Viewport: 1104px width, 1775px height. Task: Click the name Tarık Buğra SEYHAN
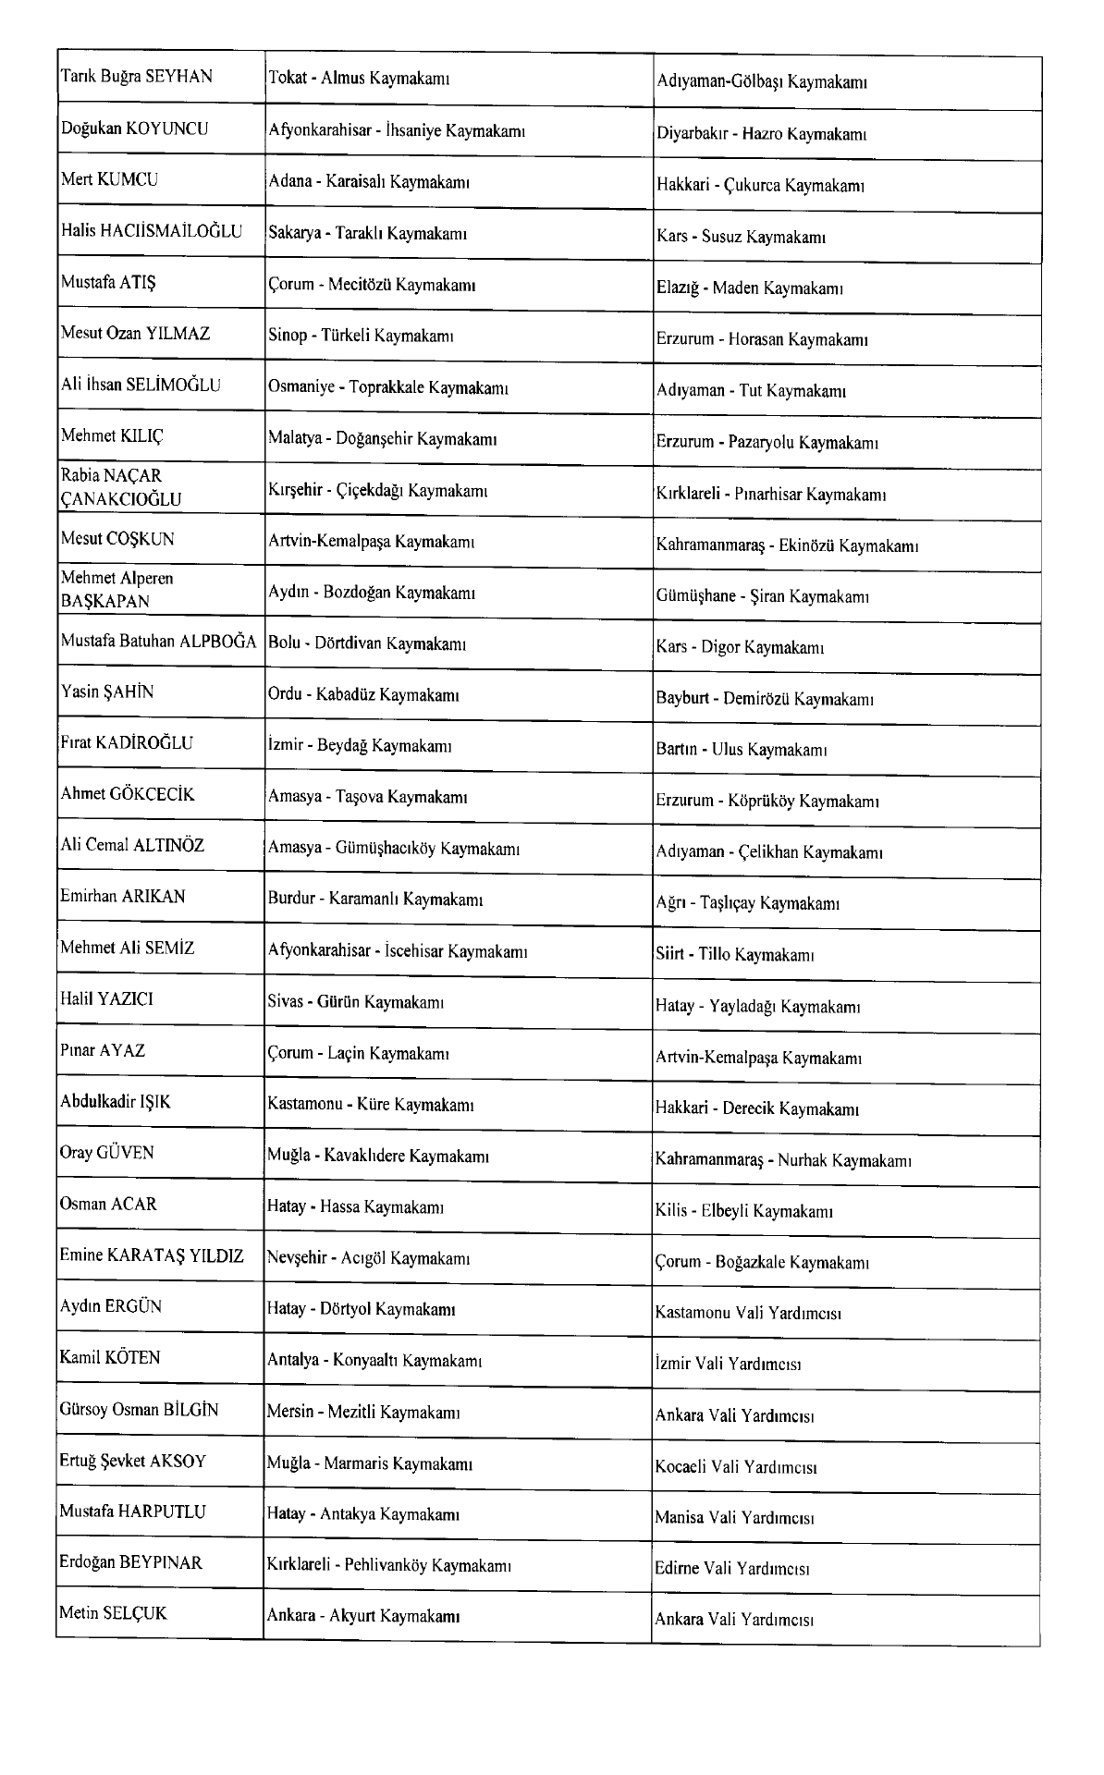click(x=137, y=77)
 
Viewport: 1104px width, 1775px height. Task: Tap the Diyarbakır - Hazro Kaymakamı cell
click(x=760, y=134)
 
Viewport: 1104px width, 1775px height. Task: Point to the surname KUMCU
click(x=127, y=179)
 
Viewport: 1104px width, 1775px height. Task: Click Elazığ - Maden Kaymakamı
click(x=749, y=288)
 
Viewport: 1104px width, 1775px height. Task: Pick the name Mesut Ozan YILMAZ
click(x=135, y=333)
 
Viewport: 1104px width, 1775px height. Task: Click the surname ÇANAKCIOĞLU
click(x=121, y=500)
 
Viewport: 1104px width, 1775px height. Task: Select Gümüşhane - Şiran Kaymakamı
click(x=762, y=596)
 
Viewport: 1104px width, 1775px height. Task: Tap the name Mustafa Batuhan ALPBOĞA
click(x=158, y=641)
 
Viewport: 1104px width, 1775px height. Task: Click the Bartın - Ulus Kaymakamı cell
click(x=741, y=750)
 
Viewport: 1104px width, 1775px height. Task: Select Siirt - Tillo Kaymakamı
click(x=734, y=955)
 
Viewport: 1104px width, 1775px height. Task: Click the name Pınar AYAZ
click(x=103, y=1050)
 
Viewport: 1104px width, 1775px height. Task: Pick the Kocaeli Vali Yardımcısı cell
click(x=736, y=1467)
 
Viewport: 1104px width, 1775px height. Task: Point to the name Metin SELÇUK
click(x=114, y=1613)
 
